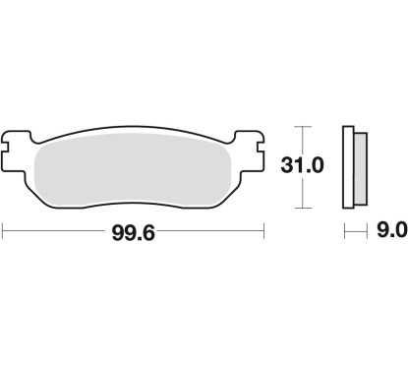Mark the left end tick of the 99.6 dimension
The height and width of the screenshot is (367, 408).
click(4, 232)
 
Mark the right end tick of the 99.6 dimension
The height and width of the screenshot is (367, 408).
click(265, 232)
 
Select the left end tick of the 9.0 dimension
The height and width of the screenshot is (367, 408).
click(343, 232)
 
